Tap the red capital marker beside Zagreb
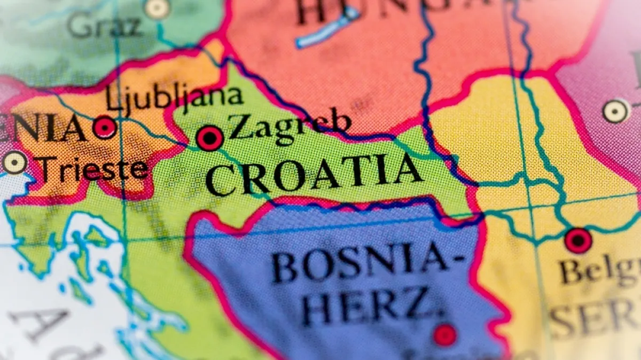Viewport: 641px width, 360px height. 210,138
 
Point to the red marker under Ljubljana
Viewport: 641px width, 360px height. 105,128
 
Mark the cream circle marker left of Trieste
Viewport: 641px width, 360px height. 14,162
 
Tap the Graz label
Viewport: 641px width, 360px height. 105,26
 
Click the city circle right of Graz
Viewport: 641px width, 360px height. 157,7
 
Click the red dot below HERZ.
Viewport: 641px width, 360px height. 445,335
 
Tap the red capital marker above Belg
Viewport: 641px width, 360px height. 578,240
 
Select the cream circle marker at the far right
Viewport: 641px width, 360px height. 615,111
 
